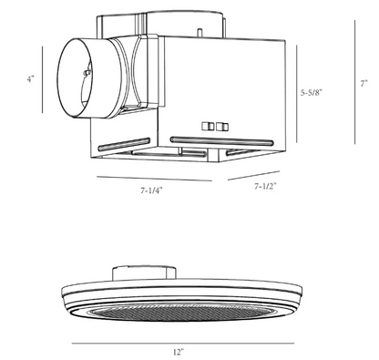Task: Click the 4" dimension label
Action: click(30, 79)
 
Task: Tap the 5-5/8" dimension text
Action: click(312, 93)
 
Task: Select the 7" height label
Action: click(364, 83)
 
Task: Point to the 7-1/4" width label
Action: click(151, 190)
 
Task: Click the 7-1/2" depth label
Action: click(265, 187)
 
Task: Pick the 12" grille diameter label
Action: click(179, 352)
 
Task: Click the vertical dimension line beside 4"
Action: click(43, 79)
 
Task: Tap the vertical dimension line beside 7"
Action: click(354, 82)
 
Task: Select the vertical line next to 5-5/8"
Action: click(297, 94)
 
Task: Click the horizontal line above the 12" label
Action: click(183, 344)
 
